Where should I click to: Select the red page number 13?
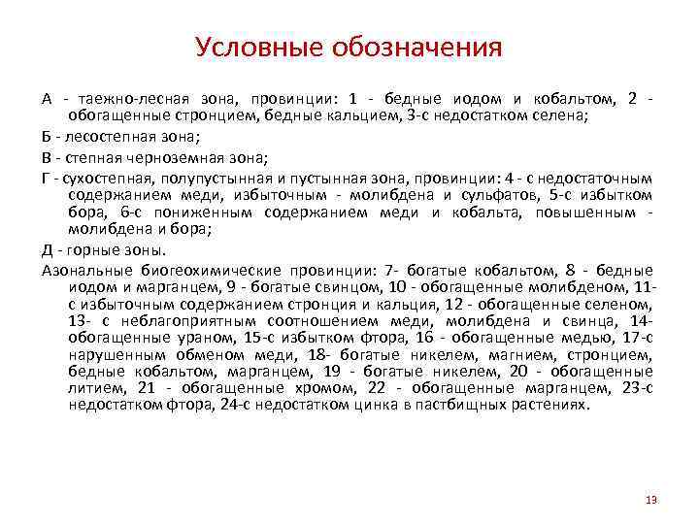tap(650, 499)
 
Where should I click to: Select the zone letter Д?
tap(48, 249)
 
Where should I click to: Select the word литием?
tap(95, 388)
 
